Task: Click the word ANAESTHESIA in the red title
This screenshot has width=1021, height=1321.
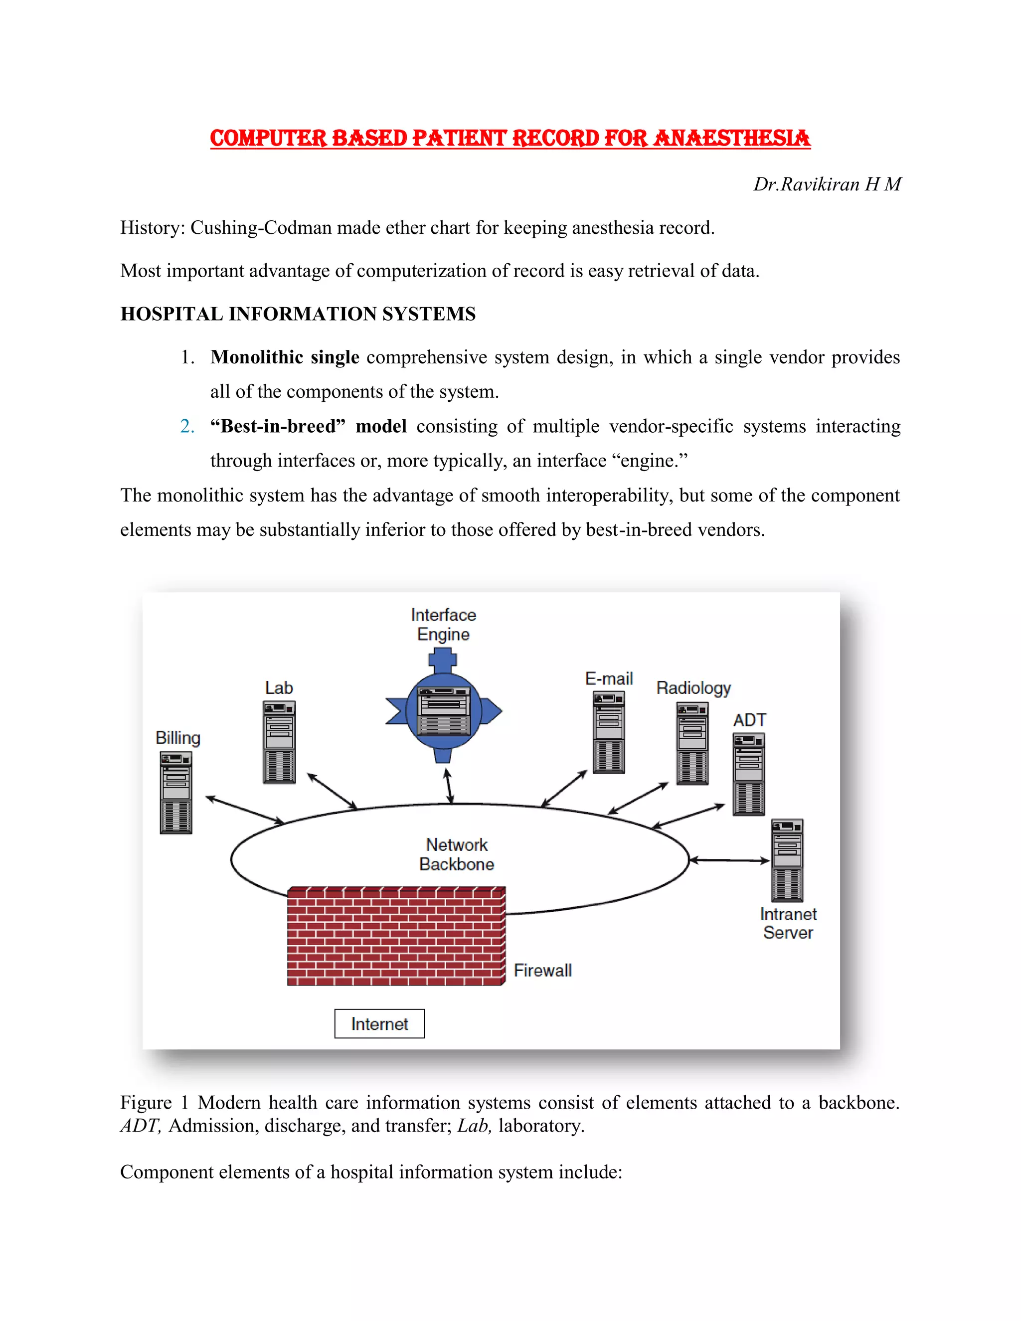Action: coord(732,138)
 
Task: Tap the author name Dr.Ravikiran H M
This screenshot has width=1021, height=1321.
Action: coord(827,184)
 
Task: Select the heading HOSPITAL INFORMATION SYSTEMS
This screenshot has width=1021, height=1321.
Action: coord(298,314)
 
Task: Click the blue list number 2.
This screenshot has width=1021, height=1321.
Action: coord(187,426)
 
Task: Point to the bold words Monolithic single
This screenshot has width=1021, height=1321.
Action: coord(284,357)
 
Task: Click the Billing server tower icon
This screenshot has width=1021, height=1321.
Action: coord(176,793)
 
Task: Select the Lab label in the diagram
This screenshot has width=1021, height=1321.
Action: coord(279,688)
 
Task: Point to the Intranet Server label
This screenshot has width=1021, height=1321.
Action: coord(788,923)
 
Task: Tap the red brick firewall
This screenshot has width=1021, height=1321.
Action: coord(396,936)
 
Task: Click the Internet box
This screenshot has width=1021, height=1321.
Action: coord(379,1023)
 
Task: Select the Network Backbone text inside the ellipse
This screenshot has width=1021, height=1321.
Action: coord(456,854)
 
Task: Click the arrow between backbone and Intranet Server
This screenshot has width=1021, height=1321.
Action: coord(729,859)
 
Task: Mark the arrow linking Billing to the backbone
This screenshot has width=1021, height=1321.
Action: coord(245,810)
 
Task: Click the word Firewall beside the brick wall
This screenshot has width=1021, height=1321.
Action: coord(542,970)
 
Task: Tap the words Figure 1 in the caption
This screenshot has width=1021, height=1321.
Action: coord(154,1103)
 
